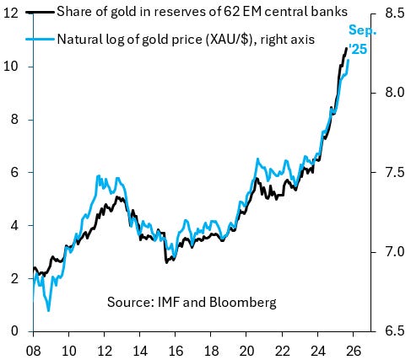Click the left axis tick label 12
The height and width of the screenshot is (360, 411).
pos(14,13)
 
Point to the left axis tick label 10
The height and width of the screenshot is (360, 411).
pos(14,67)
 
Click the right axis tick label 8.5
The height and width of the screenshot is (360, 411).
pos(394,13)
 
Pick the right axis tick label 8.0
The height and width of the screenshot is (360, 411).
pos(394,93)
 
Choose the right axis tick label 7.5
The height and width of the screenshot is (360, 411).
pos(394,172)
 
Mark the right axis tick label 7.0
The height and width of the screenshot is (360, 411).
pos(394,252)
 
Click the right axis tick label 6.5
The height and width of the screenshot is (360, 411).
pos(394,331)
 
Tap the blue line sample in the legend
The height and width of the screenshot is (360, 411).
pos(42,40)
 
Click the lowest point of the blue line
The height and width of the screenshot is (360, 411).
pos(48,310)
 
